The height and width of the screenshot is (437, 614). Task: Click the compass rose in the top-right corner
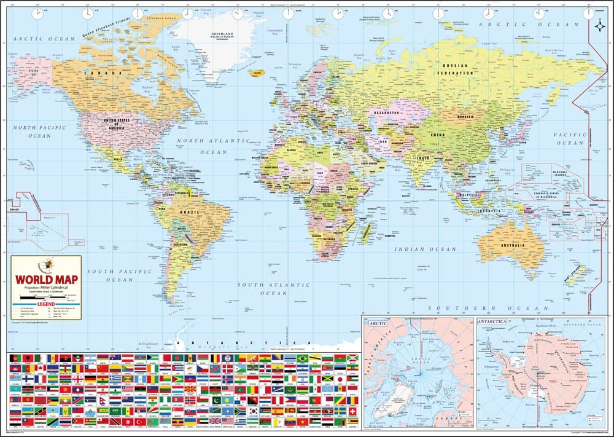[599, 25]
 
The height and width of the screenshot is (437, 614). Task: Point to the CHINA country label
[437, 135]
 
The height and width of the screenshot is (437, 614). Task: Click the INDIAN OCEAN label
[426, 249]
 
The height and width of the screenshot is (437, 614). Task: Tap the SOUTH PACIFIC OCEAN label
[110, 275]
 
